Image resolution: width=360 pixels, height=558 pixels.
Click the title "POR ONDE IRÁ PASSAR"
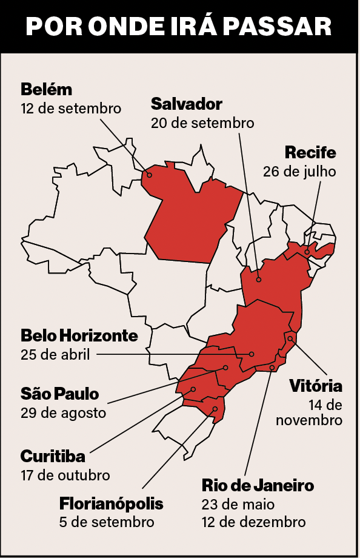coord(179,27)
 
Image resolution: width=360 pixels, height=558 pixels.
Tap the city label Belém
coord(46,90)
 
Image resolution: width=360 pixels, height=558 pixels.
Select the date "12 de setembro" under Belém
coord(71,109)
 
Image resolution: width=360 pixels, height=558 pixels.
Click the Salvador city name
coord(187,103)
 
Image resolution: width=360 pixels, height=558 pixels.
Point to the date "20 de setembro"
coord(202,123)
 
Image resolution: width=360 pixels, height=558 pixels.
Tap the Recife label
coord(310,152)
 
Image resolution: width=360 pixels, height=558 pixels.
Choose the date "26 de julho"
coord(299,171)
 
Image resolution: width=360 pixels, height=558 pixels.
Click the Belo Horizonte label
coord(79,335)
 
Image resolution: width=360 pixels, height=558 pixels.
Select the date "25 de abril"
coord(55,355)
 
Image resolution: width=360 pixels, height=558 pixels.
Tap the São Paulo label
coord(59,394)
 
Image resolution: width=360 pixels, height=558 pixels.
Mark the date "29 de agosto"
coord(63,413)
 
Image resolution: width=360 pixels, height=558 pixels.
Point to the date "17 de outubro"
coord(65,475)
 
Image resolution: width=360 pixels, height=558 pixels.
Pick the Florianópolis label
coord(112,503)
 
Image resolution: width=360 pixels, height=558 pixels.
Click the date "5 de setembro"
coord(107,522)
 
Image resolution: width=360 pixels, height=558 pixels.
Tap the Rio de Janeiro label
coord(258,485)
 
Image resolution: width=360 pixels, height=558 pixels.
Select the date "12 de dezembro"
coord(253,522)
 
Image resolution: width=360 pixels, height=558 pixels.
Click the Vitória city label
coord(316,386)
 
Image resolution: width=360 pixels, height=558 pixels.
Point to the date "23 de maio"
coord(238,504)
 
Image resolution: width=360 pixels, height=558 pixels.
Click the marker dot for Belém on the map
coord(150,174)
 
